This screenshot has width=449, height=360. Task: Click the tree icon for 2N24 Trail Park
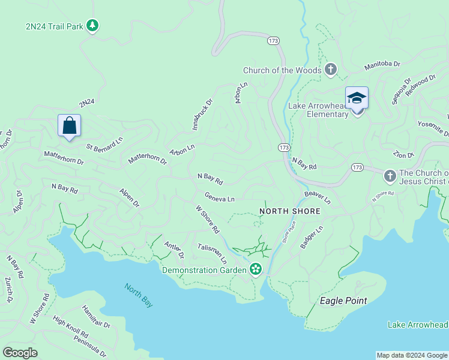[92, 26]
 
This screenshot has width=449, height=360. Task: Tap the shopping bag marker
[69, 126]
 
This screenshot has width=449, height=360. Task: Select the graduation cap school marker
[357, 98]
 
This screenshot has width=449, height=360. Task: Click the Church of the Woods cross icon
[330, 70]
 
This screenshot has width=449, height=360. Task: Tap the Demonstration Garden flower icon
[256, 269]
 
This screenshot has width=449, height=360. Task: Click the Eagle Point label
[343, 301]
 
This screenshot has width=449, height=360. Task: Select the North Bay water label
[139, 295]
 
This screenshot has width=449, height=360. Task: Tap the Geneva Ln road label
[219, 197]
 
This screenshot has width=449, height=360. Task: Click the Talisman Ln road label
[212, 254]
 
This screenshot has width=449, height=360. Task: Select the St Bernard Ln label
[104, 143]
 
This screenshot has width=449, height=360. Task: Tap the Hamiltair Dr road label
[97, 317]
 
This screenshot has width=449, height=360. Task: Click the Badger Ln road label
[312, 238]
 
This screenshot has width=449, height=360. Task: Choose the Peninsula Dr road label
[91, 346]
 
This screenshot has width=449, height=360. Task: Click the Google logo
[20, 353]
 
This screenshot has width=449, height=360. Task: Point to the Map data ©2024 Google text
[411, 355]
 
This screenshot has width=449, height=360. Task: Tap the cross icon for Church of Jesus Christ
[390, 176]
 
